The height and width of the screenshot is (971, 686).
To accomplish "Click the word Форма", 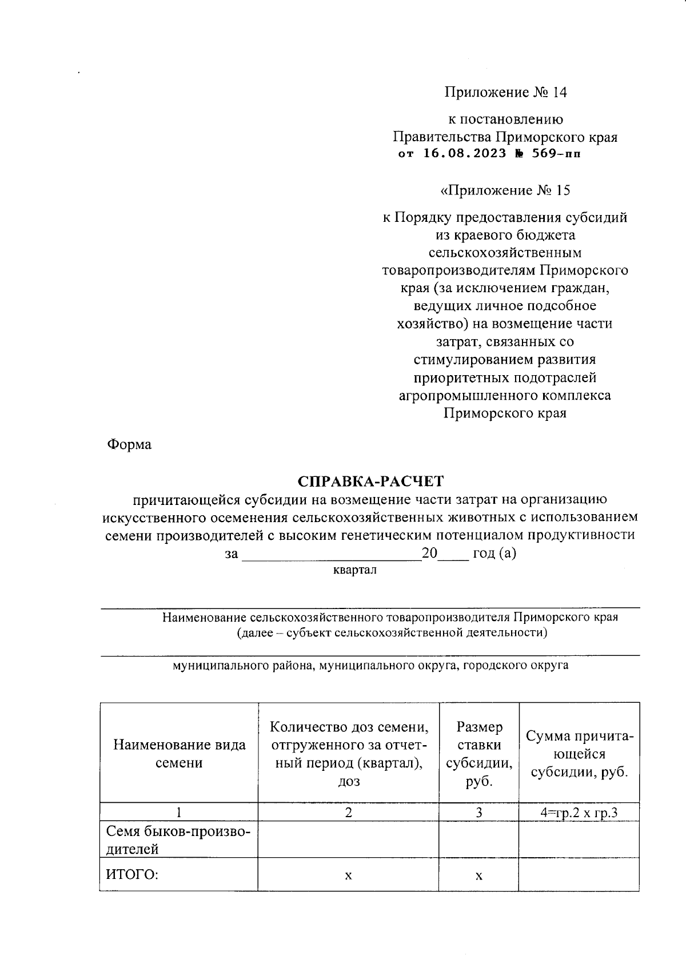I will pos(129,444).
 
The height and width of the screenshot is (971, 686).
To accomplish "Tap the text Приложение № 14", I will pos(505,93).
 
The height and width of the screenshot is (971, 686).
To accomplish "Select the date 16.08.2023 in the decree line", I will pos(465,153).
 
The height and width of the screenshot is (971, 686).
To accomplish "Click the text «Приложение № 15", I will pos(505,190).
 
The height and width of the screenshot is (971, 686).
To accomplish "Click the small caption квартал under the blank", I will pos(354,570).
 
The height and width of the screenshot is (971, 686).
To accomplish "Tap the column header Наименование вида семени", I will pos(179,753).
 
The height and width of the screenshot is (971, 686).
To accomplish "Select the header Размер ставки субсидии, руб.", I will pos(479,753).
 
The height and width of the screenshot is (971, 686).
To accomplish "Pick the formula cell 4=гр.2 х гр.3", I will pos(579,812).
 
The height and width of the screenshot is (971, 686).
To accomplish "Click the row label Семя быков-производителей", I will pos(178,840).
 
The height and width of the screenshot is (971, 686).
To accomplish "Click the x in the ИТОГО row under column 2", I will pos(348,876).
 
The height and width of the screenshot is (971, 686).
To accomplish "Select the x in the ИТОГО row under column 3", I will pos(479,876).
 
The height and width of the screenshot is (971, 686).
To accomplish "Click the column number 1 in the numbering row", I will pos(179,812).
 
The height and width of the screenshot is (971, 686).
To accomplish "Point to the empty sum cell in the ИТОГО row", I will pos(579,875).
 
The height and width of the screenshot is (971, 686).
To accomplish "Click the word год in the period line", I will pos(484,554).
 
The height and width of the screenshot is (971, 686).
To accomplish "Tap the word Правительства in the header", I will pos(442,137).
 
